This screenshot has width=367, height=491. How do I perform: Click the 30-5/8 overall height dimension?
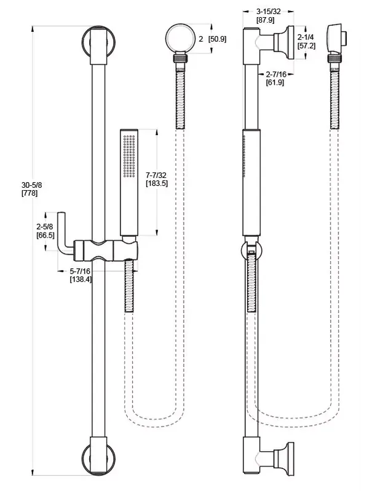[x=32, y=185]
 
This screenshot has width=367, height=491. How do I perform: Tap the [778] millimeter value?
[x=30, y=193]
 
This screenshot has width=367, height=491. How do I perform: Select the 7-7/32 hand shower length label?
[x=157, y=175]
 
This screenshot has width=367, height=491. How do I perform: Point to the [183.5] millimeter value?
[x=157, y=183]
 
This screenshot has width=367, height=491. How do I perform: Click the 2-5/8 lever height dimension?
[x=45, y=226]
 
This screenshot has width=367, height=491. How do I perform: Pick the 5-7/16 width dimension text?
[x=80, y=271]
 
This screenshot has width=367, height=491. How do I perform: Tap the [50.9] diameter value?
[x=217, y=39]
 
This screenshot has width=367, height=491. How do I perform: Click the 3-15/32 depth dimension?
[x=269, y=12]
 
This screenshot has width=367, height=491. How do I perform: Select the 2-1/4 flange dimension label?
[x=306, y=37]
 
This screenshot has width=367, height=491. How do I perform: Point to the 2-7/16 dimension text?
[x=277, y=74]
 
